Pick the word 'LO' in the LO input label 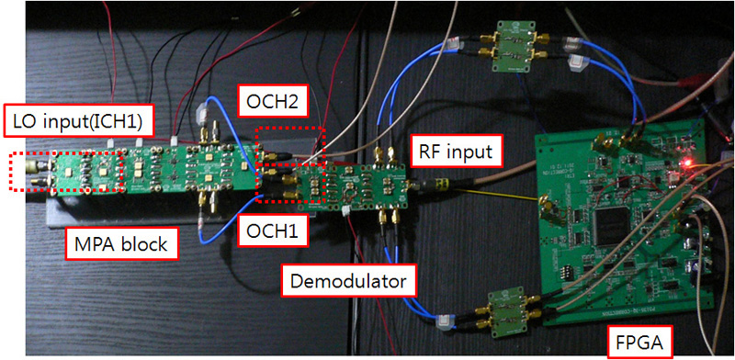click(x=20, y=119)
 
